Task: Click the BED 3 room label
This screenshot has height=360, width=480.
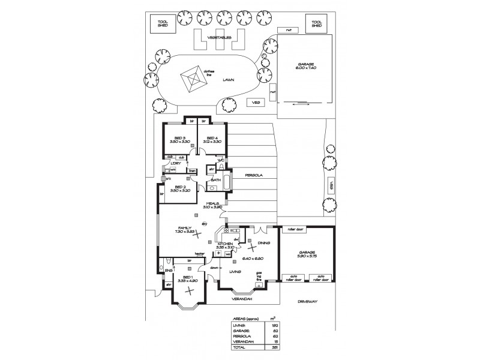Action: (x=174, y=138)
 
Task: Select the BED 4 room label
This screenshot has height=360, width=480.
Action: (x=211, y=138)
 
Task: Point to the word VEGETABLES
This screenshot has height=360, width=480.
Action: (x=219, y=37)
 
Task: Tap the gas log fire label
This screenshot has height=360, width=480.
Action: (x=260, y=275)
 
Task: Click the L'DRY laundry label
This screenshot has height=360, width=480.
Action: (x=176, y=163)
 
